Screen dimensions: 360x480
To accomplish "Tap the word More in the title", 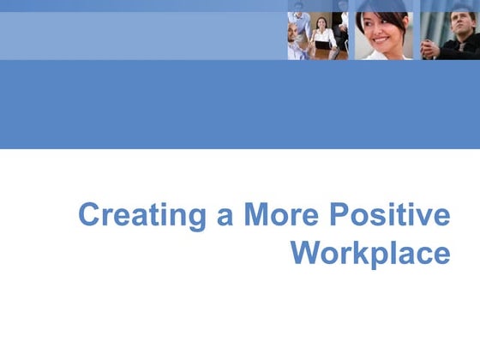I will pyautogui.click(x=279, y=214).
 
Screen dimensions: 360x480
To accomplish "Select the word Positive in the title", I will pyautogui.click(x=388, y=214).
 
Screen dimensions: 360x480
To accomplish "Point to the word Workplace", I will pyautogui.click(x=370, y=253).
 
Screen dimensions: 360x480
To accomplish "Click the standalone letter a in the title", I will pyautogui.click(x=225, y=216).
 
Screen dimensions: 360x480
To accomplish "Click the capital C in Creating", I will pyautogui.click(x=89, y=214).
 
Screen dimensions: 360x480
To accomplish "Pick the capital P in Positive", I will pyautogui.click(x=337, y=214).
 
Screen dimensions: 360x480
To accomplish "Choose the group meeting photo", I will pyautogui.click(x=317, y=34).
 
